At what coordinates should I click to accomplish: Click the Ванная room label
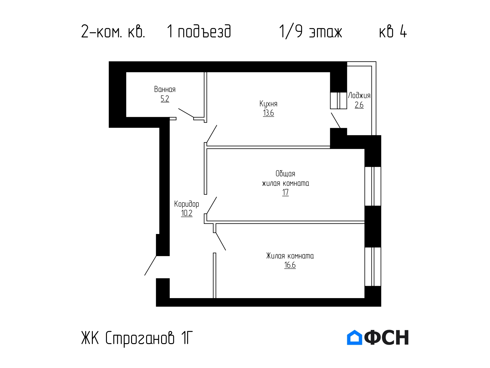coord(165,89)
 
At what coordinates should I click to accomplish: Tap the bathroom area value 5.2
coord(165,99)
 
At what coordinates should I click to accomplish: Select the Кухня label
coord(268,104)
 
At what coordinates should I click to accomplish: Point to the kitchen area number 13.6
coord(268,113)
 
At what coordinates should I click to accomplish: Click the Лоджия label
coord(359,96)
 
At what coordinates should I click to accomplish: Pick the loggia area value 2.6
coord(359,105)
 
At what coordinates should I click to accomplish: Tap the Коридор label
coord(187,204)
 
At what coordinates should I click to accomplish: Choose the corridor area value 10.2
coord(187,213)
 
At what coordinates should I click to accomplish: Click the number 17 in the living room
coord(285,192)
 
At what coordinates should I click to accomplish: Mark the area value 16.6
coord(290,265)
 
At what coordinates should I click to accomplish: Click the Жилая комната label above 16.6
coord(290,256)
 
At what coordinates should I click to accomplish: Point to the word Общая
coord(285,174)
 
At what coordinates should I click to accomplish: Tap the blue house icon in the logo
coord(355,337)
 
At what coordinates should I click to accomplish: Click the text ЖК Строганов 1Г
coord(137,338)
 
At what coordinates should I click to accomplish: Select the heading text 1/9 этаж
coord(311,32)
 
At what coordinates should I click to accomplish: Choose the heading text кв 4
coord(393,32)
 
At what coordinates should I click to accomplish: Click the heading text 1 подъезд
coord(199,32)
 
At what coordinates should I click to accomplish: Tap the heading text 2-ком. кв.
coord(113,32)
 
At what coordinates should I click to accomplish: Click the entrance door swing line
coord(150,266)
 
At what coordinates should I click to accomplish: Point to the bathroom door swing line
coord(186,113)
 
